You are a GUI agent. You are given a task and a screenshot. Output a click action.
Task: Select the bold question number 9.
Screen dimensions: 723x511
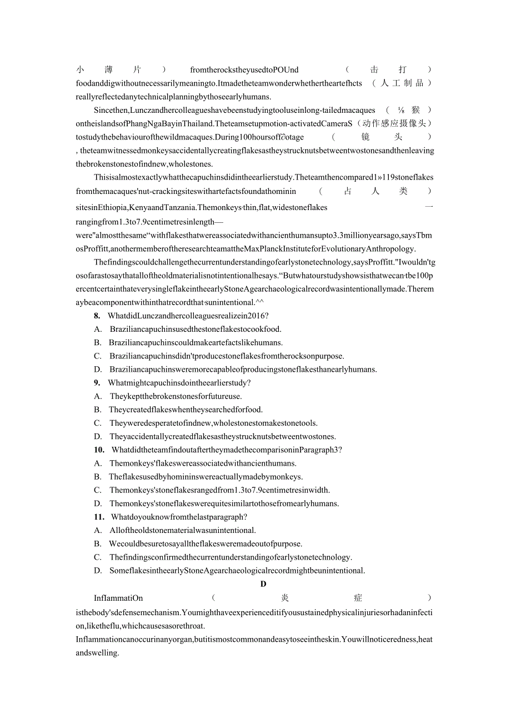[97, 383]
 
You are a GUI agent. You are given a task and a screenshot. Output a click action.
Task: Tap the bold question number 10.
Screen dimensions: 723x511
[99, 450]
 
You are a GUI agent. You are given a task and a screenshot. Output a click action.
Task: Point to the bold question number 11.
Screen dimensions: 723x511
[99, 517]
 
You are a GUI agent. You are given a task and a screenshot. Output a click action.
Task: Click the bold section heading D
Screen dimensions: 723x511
[263, 584]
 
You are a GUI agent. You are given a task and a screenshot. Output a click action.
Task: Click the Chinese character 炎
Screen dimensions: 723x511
[285, 598]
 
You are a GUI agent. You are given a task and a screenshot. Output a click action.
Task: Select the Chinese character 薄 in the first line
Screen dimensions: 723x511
[108, 70]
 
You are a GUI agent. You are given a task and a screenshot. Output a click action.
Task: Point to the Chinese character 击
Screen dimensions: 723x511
[374, 70]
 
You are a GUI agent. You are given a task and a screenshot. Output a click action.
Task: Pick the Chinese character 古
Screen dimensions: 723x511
[348, 191]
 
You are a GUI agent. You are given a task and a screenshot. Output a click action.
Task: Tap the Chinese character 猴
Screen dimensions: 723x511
[415, 111]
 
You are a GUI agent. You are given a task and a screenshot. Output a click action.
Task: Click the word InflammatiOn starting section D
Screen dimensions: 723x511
[118, 599]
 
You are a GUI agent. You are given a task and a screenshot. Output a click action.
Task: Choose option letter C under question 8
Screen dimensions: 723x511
[97, 356]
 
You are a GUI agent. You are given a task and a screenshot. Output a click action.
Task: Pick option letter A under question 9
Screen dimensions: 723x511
[97, 397]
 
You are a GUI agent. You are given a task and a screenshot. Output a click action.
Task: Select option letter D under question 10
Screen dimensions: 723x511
[98, 504]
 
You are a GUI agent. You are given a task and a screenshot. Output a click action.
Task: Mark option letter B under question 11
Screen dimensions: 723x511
[97, 544]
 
